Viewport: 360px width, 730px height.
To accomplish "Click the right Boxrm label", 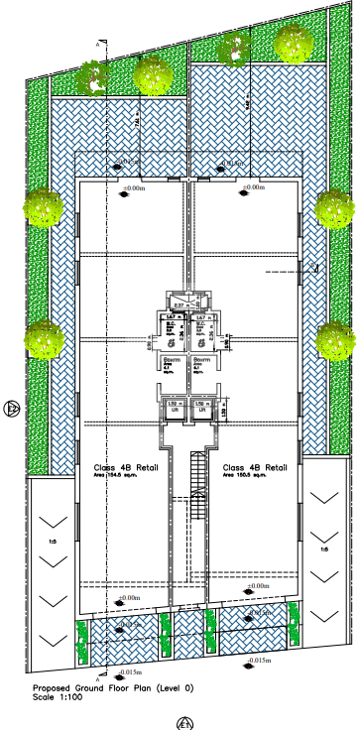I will (202, 360).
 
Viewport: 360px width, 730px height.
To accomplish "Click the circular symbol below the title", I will (181, 722).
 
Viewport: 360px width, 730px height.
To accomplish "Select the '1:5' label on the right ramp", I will (322, 548).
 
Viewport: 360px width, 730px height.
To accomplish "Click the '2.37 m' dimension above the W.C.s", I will (180, 304).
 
